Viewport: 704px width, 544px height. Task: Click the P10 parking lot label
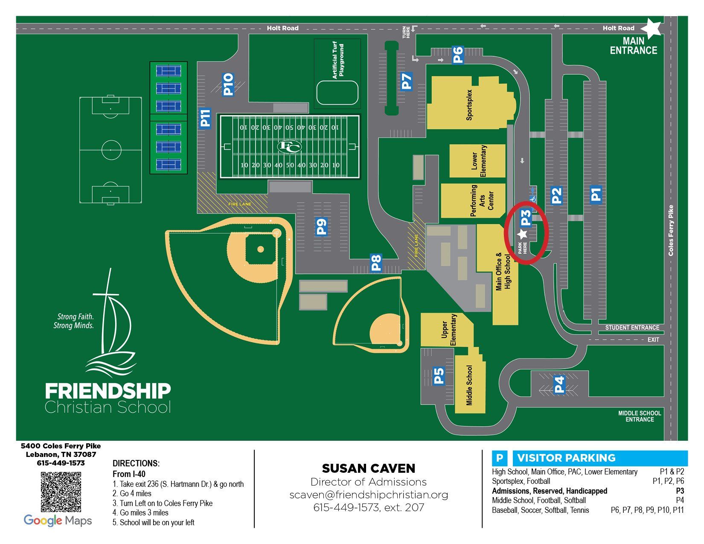[228, 84]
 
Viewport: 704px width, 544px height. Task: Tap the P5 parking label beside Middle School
[439, 376]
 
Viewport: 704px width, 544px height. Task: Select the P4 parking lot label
[559, 384]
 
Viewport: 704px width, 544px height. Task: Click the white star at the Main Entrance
[651, 28]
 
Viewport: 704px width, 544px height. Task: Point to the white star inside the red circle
[522, 234]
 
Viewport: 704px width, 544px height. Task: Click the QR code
[61, 492]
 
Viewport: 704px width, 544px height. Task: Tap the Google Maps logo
[58, 521]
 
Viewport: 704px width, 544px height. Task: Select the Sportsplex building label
[469, 105]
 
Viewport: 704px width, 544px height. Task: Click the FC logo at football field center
[289, 146]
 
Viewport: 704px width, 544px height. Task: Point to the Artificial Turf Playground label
[338, 60]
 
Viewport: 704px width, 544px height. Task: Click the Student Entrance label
[632, 328]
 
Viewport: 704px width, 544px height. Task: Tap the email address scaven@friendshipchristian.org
[369, 495]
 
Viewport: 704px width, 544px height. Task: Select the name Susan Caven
[369, 468]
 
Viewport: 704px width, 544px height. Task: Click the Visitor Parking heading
[566, 458]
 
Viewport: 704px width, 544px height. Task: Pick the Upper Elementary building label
[449, 330]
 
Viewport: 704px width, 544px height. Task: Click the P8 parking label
[376, 263]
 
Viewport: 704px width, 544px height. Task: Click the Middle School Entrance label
[640, 416]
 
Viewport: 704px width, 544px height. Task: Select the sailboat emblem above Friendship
[110, 324]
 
